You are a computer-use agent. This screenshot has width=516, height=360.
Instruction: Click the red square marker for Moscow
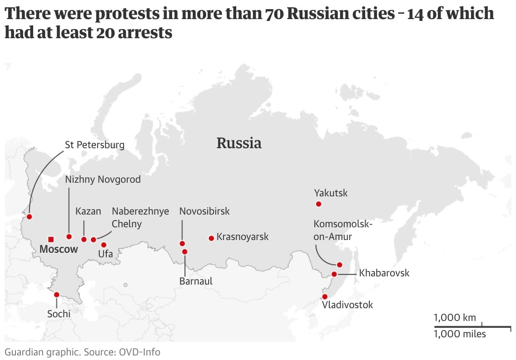pyautogui.click(x=51, y=239)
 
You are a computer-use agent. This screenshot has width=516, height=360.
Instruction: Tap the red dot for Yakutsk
pyautogui.click(x=318, y=204)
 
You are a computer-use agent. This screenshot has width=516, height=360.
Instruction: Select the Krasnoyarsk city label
pyautogui.click(x=243, y=237)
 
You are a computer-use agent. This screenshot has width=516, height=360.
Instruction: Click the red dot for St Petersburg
pyautogui.click(x=30, y=216)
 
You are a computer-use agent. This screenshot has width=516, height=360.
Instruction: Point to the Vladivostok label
pyautogui.click(x=347, y=305)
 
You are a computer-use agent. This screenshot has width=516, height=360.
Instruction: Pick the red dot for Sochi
pyautogui.click(x=56, y=295)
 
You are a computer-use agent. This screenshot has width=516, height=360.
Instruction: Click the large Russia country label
pyautogui.click(x=239, y=143)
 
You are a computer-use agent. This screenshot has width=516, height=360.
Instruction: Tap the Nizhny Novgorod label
pyautogui.click(x=103, y=180)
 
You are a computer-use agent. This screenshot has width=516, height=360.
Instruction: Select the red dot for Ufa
pyautogui.click(x=104, y=245)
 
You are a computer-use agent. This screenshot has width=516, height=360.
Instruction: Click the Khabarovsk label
pyautogui.click(x=384, y=273)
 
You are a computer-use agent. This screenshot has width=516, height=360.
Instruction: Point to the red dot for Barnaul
pyautogui.click(x=184, y=251)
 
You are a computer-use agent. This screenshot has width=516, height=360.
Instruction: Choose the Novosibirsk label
pyautogui.click(x=204, y=211)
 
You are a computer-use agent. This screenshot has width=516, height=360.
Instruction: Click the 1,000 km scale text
pyautogui.click(x=455, y=318)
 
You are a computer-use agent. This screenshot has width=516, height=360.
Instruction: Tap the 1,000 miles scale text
pyautogui.click(x=460, y=335)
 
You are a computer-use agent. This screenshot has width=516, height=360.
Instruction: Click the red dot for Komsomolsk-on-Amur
pyautogui.click(x=339, y=265)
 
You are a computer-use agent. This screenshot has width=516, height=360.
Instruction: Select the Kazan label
pyautogui.click(x=88, y=211)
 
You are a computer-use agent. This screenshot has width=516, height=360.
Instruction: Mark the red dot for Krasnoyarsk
pyautogui.click(x=211, y=238)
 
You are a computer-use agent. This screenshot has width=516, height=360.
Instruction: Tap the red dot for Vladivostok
pyautogui.click(x=324, y=296)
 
